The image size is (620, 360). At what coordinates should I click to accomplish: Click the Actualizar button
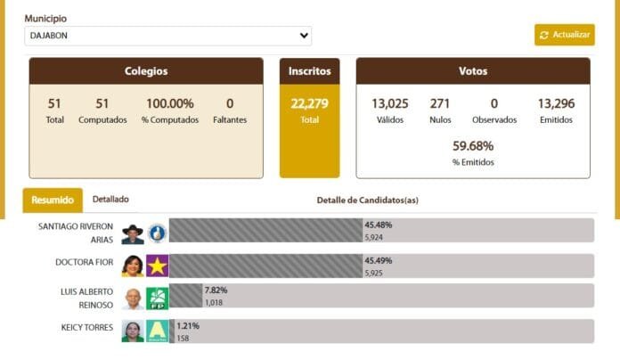pyautogui.click(x=564, y=35)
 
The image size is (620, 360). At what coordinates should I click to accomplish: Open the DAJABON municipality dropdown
pyautogui.click(x=167, y=36)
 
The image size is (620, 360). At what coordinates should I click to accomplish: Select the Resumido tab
pyautogui.click(x=53, y=200)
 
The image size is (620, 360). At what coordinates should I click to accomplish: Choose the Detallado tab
pyautogui.click(x=110, y=200)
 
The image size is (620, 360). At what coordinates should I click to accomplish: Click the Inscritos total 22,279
pyautogui.click(x=309, y=103)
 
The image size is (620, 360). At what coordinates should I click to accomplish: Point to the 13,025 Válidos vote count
pyautogui.click(x=389, y=103)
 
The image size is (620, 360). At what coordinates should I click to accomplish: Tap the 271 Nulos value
pyautogui.click(x=440, y=103)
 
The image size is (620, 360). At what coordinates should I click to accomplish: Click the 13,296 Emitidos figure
pyautogui.click(x=556, y=103)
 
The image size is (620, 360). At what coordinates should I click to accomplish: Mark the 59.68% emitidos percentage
pyautogui.click(x=473, y=145)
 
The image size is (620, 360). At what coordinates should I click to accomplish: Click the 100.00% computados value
pyautogui.click(x=169, y=103)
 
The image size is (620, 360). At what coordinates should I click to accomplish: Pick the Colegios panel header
pyautogui.click(x=146, y=71)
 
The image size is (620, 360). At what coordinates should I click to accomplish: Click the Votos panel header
pyautogui.click(x=473, y=71)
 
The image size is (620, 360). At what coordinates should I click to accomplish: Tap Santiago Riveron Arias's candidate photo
pyautogui.click(x=133, y=233)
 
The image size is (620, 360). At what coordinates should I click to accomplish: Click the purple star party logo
pyautogui.click(x=158, y=266)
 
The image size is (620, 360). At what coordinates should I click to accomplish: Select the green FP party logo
pyautogui.click(x=158, y=299)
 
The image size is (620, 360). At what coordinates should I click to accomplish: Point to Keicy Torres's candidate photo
pyautogui.click(x=133, y=331)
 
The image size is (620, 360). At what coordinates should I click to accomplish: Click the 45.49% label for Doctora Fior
pyautogui.click(x=378, y=260)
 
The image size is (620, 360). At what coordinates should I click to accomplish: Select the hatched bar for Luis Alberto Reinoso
pyautogui.click(x=186, y=296)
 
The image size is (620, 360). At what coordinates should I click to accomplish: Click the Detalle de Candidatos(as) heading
pyautogui.click(x=367, y=200)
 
